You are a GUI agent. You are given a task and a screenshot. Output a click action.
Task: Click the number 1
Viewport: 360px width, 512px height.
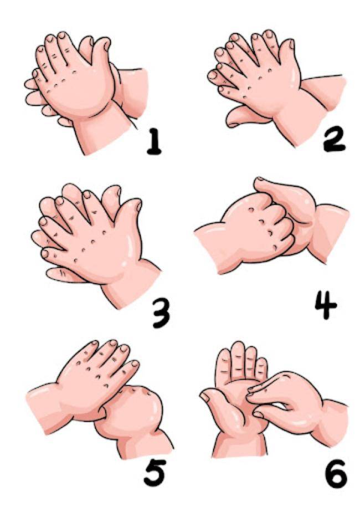click(x=154, y=141)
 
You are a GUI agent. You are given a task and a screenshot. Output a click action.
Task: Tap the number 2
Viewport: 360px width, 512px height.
click(x=334, y=139)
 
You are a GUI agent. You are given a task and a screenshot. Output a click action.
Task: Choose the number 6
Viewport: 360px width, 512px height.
click(x=336, y=473)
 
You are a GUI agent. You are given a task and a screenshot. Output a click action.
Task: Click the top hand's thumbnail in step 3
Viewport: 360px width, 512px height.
click(x=139, y=205)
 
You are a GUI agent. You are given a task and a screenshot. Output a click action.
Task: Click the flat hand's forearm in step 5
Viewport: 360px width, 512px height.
click(x=46, y=408)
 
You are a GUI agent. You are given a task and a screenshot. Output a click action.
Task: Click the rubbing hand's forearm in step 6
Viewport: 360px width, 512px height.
click(x=330, y=424)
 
